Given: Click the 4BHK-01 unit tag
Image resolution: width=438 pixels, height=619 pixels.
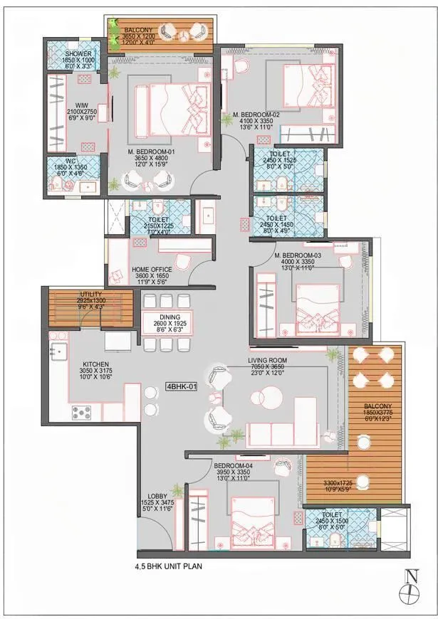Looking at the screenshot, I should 182,387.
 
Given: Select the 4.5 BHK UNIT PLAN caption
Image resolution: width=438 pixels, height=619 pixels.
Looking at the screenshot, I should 174,568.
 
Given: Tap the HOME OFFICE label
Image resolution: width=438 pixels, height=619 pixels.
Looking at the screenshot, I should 152,270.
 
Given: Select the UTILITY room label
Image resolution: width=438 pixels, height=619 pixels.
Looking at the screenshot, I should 91,294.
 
